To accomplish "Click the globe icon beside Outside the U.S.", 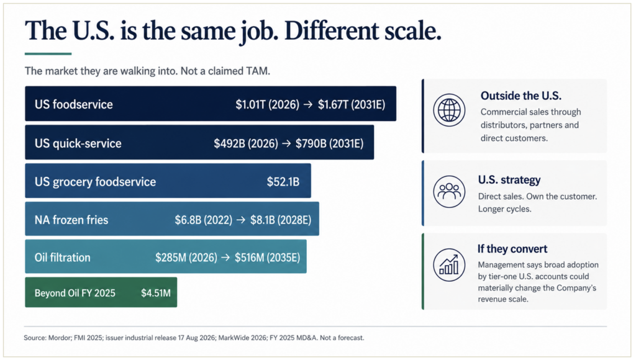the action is [449, 110].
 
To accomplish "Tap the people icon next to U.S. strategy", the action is [449, 191].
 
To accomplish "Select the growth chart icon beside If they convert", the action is [449, 265].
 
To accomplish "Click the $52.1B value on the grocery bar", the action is [283, 182].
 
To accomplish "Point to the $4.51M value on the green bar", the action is [156, 293].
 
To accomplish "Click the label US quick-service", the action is [78, 143].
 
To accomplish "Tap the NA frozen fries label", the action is [71, 220].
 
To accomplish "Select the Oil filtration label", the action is [63, 258].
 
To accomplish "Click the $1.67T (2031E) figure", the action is [352, 105].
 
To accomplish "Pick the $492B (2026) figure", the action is [246, 143].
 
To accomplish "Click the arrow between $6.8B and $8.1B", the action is [242, 220].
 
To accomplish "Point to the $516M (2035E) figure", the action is [268, 258].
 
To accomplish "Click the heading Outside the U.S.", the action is [521, 96].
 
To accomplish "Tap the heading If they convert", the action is [512, 248].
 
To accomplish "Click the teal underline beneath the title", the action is [48, 53].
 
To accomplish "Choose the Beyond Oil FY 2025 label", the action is [75, 293].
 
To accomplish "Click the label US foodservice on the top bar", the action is [74, 104].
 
